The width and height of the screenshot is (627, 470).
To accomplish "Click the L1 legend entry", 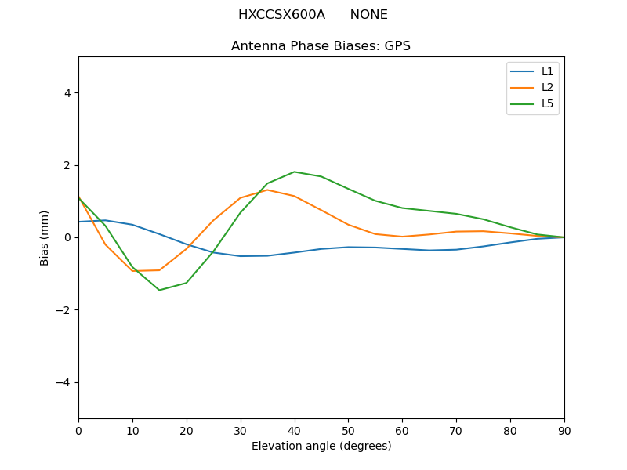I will point(547,71).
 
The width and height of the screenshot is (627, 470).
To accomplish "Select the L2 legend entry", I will point(547,88).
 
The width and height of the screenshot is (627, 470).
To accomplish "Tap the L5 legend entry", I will point(547,103).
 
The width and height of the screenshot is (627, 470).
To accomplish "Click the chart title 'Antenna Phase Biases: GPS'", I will point(321,46).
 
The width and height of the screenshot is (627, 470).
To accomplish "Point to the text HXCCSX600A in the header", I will point(281,15).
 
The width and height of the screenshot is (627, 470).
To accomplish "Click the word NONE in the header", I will point(368,15).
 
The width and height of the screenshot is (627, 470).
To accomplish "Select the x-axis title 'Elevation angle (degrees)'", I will point(321,446).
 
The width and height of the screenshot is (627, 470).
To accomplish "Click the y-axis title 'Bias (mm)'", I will point(45,237).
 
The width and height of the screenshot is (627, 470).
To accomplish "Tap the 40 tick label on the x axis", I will point(294,430).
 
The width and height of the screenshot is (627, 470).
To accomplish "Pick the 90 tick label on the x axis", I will point(564,430).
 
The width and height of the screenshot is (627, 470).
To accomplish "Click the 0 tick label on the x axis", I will point(78,430).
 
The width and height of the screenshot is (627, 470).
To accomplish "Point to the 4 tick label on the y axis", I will point(67,93).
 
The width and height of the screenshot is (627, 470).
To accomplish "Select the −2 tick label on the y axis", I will point(63,310).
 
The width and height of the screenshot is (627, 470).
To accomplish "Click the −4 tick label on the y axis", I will point(63,382).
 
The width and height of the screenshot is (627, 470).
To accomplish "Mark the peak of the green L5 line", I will point(294,172).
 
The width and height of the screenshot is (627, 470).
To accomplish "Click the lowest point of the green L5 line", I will point(159,290).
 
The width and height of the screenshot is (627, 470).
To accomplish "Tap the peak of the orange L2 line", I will point(267,190).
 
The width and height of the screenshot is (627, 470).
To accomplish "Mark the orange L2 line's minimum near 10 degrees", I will point(132,271).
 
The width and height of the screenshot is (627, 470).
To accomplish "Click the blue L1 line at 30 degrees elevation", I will point(241,256).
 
